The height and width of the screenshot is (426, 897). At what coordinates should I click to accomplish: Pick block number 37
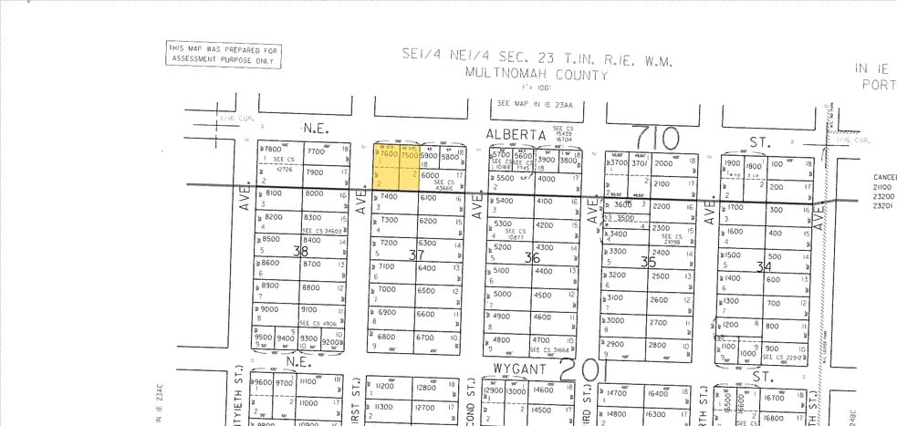pyautogui.click(x=417, y=254)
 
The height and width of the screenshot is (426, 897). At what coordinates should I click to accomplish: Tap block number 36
pyautogui.click(x=533, y=258)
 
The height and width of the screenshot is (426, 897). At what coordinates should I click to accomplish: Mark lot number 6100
pyautogui.click(x=427, y=198)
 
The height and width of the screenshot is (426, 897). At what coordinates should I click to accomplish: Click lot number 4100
pyautogui.click(x=544, y=202)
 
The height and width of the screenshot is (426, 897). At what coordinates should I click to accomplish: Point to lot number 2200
pyautogui.click(x=661, y=206)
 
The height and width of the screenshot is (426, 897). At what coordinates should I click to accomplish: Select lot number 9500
pyautogui.click(x=265, y=338)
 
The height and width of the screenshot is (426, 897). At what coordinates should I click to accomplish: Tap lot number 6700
pyautogui.click(x=425, y=338)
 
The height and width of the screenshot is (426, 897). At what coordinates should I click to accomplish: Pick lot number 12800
pyautogui.click(x=425, y=388)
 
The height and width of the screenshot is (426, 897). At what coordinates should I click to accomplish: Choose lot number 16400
pyautogui.click(x=657, y=393)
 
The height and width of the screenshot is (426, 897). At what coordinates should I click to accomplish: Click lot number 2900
pyautogui.click(x=615, y=344)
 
